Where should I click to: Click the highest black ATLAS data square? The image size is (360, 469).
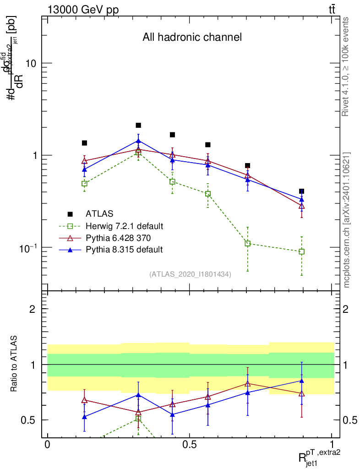[x=138, y=125]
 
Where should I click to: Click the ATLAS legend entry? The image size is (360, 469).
[x=99, y=214]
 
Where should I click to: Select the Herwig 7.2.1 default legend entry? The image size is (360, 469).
[x=124, y=226]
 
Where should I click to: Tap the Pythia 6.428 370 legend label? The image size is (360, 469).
[x=118, y=238]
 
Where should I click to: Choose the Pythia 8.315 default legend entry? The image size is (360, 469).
[x=124, y=250]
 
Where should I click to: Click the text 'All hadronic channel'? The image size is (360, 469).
[x=192, y=37]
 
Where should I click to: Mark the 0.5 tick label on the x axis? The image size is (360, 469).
[x=189, y=445]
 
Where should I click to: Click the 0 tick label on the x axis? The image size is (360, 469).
[x=47, y=445]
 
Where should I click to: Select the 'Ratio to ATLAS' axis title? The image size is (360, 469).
[x=15, y=365]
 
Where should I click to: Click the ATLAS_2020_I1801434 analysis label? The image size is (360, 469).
[x=190, y=274]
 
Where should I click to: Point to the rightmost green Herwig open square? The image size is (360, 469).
[x=301, y=251]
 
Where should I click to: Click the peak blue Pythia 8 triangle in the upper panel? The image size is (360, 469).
[x=138, y=141]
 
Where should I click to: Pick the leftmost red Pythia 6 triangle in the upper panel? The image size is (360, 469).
[x=84, y=160]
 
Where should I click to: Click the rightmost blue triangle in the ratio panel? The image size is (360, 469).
[x=301, y=381]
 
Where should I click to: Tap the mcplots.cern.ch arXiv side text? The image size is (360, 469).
[x=347, y=220]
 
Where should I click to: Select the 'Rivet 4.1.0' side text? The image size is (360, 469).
[x=347, y=66]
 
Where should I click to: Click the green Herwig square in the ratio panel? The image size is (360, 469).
[x=138, y=419]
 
